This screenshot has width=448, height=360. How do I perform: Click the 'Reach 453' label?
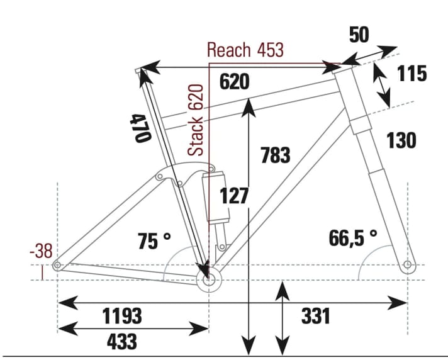[x=245, y=50]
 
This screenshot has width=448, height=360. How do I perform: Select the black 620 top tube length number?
[x=235, y=82]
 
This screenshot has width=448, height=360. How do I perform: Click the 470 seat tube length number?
[x=139, y=128]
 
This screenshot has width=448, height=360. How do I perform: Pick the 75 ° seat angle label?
[x=154, y=240]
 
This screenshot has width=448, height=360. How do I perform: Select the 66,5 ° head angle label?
[x=352, y=238]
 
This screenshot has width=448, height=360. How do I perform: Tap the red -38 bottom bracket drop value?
[x=41, y=252]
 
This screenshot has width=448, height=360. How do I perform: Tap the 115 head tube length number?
[x=412, y=74]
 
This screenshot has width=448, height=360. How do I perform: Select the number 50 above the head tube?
[x=359, y=35]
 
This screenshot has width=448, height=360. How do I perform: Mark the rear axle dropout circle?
[x=57, y=265]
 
